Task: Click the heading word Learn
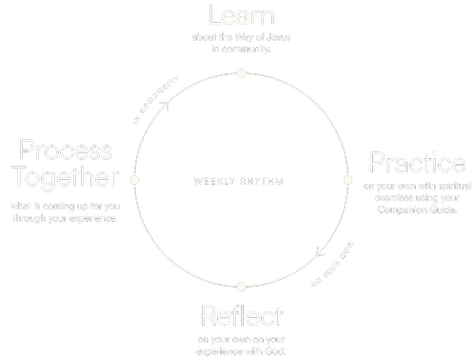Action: coord(241,17)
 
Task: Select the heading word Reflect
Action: coord(242,315)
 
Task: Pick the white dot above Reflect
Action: coord(242,286)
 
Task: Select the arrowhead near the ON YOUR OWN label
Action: coord(318,254)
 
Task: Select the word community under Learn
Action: coord(247,50)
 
